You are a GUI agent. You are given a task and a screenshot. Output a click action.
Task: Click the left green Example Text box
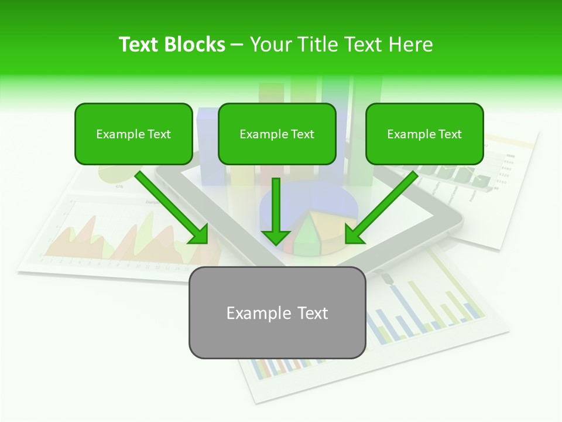pos(133,134)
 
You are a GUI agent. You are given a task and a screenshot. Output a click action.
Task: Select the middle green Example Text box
pos(277,134)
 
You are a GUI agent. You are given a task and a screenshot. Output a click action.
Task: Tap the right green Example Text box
pos(424,134)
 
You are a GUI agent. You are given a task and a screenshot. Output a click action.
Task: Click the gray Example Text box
pos(277,312)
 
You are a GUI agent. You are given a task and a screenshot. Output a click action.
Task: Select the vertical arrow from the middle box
pos(276,205)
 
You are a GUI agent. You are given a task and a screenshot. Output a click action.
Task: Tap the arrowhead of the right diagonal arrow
pos(354,235)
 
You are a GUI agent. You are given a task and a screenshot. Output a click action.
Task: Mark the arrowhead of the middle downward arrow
pos(276,237)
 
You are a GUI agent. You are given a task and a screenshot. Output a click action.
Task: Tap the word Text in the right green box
pos(450,134)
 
